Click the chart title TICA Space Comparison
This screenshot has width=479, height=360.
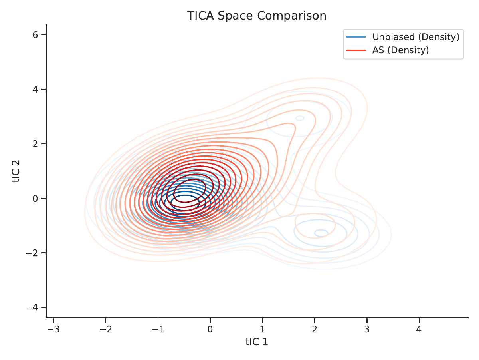[257, 16]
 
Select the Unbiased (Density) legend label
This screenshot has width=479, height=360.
[416, 37]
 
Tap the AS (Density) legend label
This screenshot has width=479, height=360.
[400, 50]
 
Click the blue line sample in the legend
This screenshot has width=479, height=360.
[356, 37]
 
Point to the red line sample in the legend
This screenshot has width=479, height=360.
[356, 50]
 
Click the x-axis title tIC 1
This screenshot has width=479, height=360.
[257, 342]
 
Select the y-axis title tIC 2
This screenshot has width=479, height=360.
[16, 171]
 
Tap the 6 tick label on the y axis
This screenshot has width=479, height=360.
[36, 35]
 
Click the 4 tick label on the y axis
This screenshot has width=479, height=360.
[36, 90]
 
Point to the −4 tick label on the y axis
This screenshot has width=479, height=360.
[32, 307]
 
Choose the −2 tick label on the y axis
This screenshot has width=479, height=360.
[32, 253]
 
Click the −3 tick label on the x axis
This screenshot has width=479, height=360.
[53, 329]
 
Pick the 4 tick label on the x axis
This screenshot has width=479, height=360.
[419, 329]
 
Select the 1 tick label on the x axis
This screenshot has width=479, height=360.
[262, 329]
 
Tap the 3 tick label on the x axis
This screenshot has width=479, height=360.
[367, 329]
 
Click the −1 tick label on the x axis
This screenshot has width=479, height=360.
[158, 329]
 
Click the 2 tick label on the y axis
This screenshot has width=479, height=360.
[36, 144]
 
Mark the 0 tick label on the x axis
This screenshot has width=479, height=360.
[210, 329]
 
